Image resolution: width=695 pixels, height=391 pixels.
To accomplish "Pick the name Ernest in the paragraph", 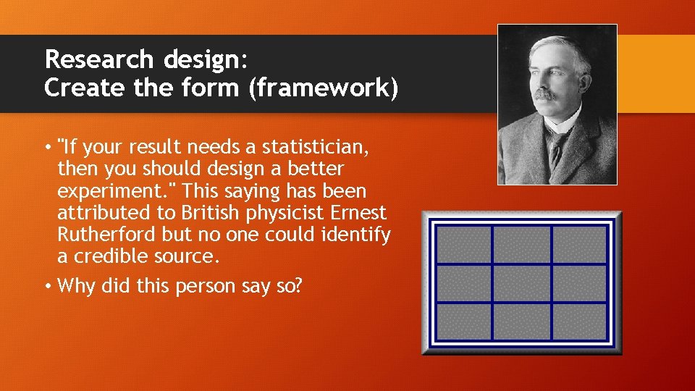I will click(358, 214).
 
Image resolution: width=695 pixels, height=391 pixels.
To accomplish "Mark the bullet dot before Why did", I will click(48, 286).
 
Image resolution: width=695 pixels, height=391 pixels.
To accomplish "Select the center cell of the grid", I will click(522, 283).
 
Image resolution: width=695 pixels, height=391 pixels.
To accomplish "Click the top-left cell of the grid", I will click(464, 245).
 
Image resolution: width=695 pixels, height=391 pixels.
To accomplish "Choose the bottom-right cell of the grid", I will click(580, 321).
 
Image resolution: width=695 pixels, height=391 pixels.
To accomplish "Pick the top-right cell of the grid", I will click(580, 245).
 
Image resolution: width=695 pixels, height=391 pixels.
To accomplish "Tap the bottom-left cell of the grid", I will click(464, 321).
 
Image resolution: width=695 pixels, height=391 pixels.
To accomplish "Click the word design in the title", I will click(196, 59).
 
